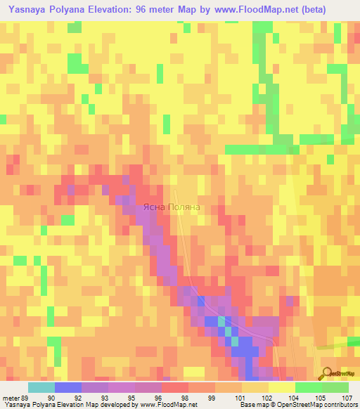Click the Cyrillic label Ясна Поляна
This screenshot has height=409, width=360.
(172, 207)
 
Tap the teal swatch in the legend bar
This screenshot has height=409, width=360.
(41, 387)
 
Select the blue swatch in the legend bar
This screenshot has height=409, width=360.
(67, 387)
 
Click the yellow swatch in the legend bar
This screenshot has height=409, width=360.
(282, 387)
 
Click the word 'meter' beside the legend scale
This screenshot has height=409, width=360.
(10, 397)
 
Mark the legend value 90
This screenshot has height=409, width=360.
(50, 397)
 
